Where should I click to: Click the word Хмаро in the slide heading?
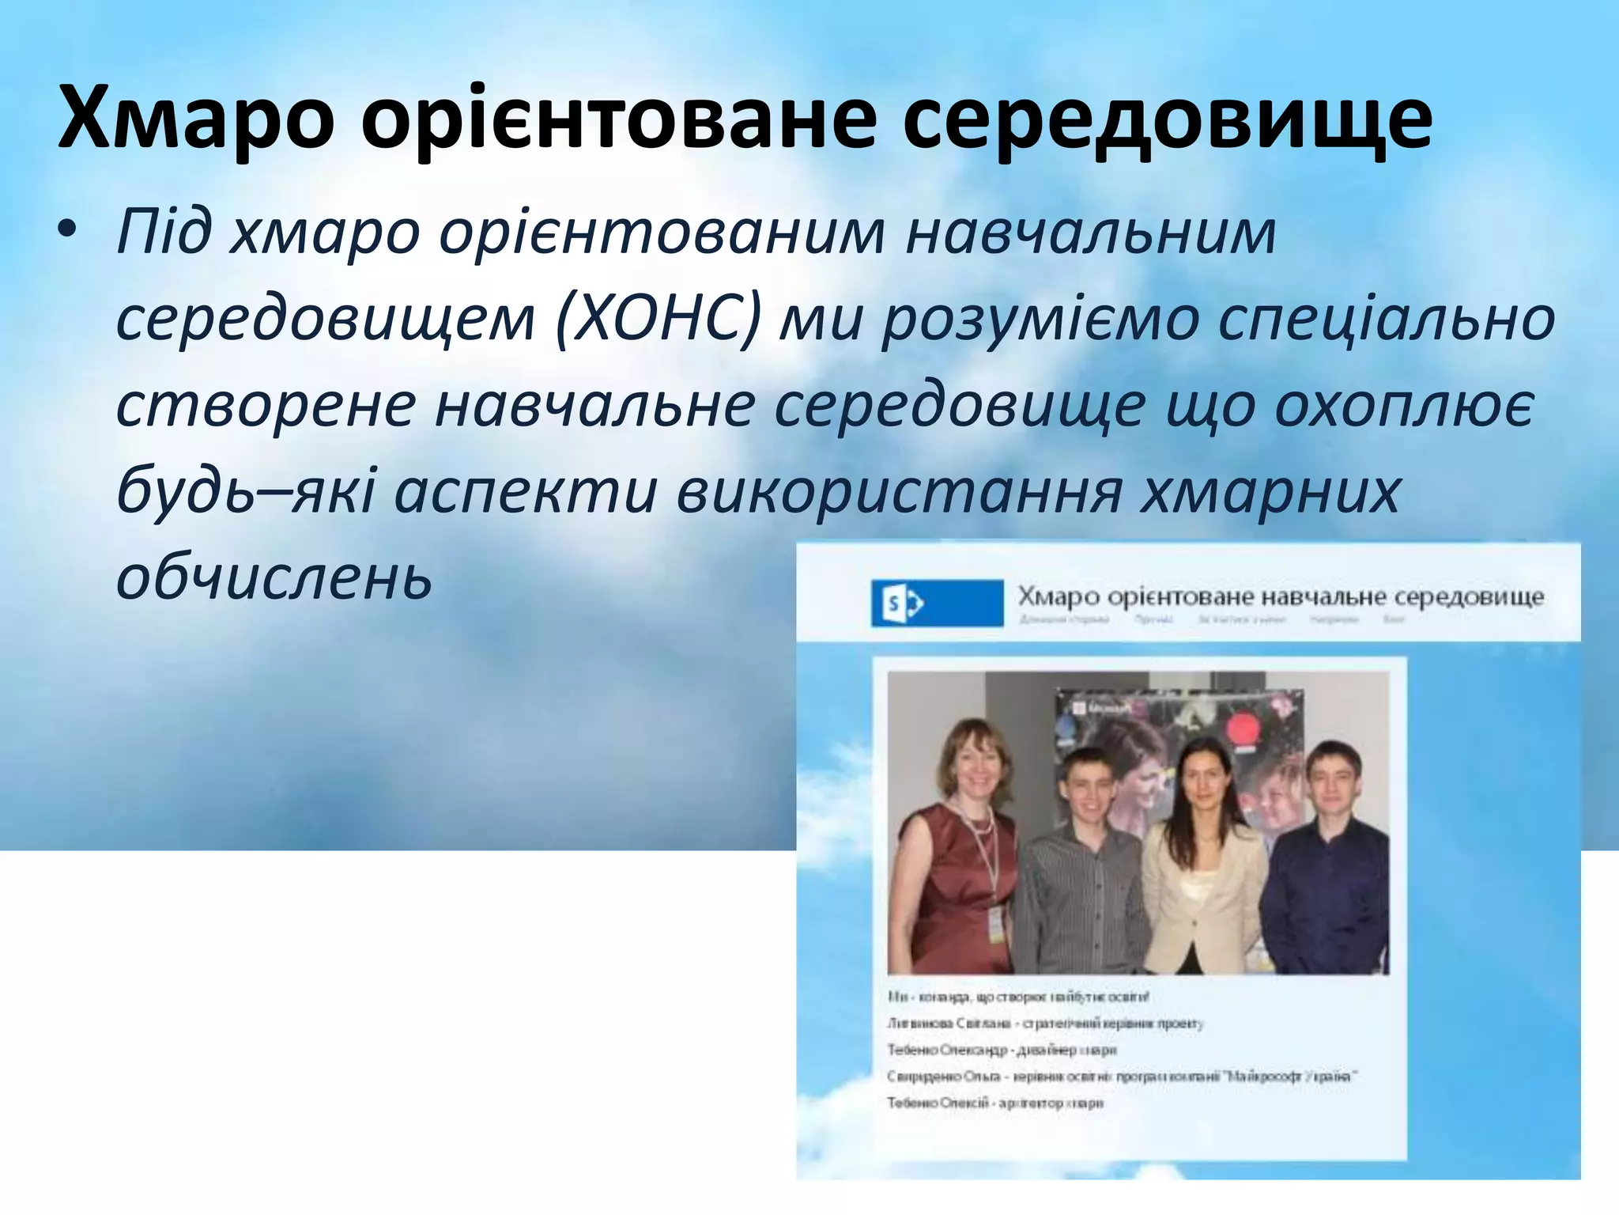pyautogui.click(x=194, y=118)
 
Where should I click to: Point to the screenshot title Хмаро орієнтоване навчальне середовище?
pyautogui.click(x=1280, y=596)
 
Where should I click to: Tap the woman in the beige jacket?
pyautogui.click(x=1202, y=878)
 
